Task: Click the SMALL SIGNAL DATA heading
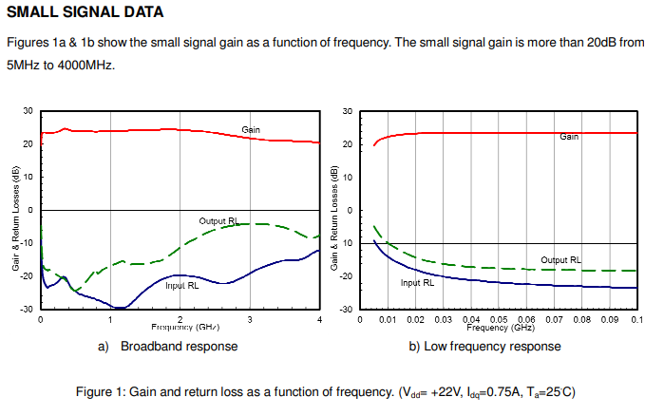pyautogui.click(x=85, y=13)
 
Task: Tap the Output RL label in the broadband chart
pyautogui.click(x=218, y=220)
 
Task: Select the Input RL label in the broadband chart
pyautogui.click(x=181, y=284)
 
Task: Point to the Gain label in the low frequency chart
pyautogui.click(x=569, y=137)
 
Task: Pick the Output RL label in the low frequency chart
pyautogui.click(x=560, y=259)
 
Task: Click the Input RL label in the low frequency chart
pyautogui.click(x=417, y=282)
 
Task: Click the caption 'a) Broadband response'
pyautogui.click(x=168, y=347)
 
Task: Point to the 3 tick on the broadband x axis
pyautogui.click(x=249, y=320)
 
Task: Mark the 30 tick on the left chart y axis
pyautogui.click(x=28, y=112)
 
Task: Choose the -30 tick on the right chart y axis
pyautogui.click(x=348, y=310)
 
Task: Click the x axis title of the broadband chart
pyautogui.click(x=180, y=327)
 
